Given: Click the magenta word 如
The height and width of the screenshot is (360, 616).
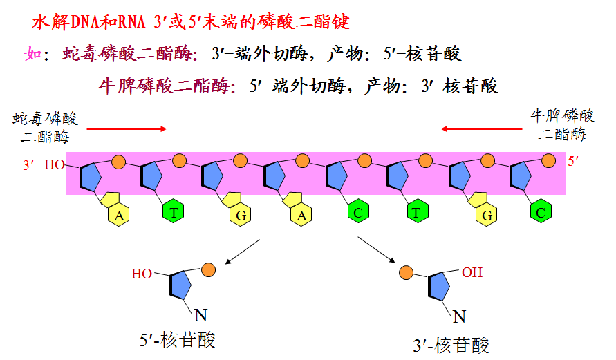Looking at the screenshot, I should coord(32,54).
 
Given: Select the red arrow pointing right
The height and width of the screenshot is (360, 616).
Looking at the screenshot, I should coord(127,129).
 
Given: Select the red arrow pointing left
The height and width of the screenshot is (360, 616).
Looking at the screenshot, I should coord(482,129).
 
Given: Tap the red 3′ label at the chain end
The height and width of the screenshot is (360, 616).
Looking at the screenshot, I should coord(28,166).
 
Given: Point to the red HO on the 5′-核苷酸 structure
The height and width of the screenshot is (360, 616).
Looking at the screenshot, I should coord(142,274).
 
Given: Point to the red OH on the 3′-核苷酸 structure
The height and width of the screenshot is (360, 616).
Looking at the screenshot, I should coord(472,272).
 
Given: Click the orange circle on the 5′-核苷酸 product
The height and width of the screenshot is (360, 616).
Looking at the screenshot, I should coord(208,268).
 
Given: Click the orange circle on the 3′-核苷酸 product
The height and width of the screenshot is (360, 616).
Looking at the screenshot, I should coord(407,272).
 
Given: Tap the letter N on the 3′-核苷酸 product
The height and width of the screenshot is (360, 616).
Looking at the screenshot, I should coord(458,318).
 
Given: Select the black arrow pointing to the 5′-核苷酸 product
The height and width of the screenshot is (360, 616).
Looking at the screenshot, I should coord(242,252).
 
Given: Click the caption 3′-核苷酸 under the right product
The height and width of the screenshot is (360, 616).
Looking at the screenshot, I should coord(451,345).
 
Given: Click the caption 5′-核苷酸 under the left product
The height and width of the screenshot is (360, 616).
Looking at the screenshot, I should coord(178,340).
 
